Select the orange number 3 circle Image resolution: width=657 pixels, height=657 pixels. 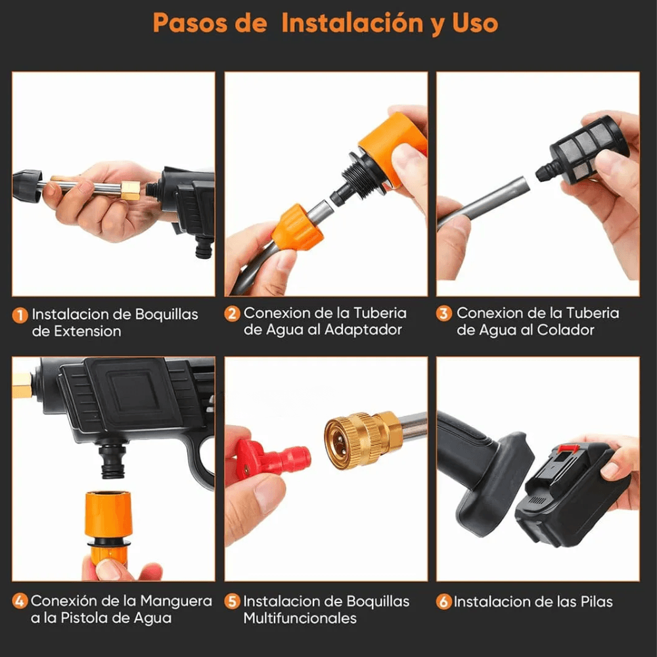444,313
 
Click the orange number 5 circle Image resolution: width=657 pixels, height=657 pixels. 232,602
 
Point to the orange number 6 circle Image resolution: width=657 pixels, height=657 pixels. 444,602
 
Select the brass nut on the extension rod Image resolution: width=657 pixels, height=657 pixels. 130,191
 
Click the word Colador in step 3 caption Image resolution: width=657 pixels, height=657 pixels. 573,330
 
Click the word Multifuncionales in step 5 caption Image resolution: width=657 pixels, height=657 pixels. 300,618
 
